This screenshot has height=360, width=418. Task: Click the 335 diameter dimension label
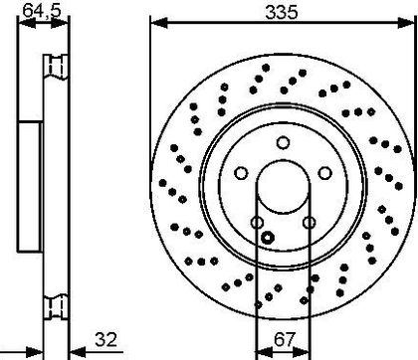pyautogui.click(x=282, y=12)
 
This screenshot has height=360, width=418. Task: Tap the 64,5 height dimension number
pyautogui.click(x=42, y=10)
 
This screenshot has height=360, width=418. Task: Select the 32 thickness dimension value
pyautogui.click(x=105, y=339)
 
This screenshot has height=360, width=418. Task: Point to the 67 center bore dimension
pyautogui.click(x=285, y=339)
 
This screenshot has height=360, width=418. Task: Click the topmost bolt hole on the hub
pyautogui.click(x=283, y=143)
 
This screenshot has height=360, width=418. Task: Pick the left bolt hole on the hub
pyautogui.click(x=241, y=173)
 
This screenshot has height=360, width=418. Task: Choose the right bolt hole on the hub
pyautogui.click(x=325, y=173)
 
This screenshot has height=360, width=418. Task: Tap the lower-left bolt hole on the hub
pyautogui.click(x=257, y=222)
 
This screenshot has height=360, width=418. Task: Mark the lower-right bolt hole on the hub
pyautogui.click(x=310, y=222)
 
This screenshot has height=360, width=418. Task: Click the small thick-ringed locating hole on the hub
pyautogui.click(x=268, y=238)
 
